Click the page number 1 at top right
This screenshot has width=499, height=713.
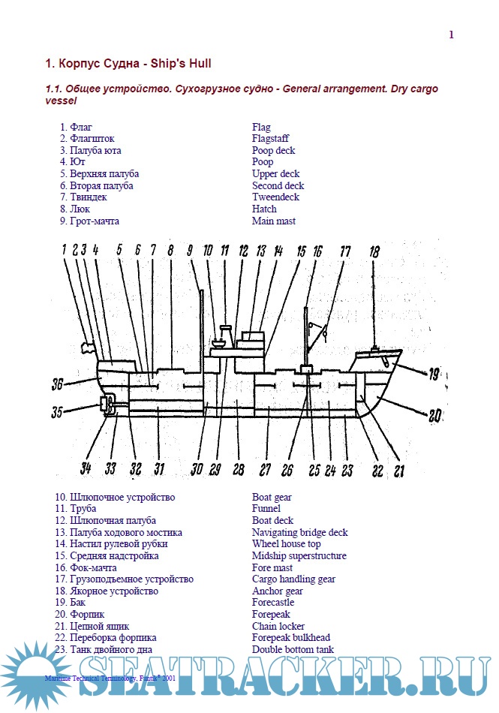click(x=451, y=35)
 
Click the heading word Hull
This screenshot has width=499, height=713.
click(x=207, y=63)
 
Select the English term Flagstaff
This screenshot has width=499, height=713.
click(x=270, y=139)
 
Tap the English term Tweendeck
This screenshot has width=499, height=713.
click(x=275, y=197)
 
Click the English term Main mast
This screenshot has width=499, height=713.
click(x=274, y=221)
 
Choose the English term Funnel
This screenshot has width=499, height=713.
click(x=266, y=509)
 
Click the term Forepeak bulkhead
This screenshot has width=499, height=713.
click(x=291, y=638)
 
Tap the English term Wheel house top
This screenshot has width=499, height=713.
click(x=286, y=544)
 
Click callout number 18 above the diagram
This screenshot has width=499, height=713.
click(x=374, y=252)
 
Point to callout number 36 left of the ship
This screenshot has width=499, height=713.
click(x=59, y=384)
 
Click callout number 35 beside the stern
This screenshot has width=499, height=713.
click(x=59, y=411)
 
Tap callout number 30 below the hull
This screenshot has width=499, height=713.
click(x=197, y=469)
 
